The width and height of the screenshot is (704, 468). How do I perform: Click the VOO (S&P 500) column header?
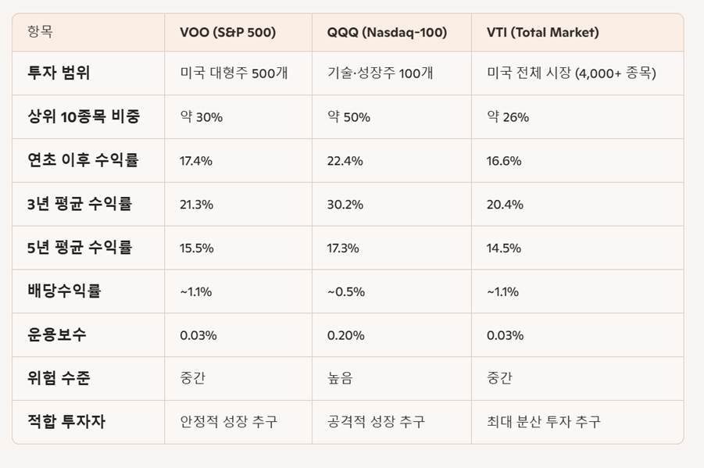click(x=227, y=33)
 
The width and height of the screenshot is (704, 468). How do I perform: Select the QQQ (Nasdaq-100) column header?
click(x=387, y=33)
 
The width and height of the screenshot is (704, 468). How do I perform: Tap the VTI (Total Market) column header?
click(x=542, y=33)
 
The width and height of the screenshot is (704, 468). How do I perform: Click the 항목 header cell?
click(x=40, y=33)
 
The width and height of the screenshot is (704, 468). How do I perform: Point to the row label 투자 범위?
click(x=59, y=73)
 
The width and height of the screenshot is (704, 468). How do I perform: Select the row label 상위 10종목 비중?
click(x=84, y=117)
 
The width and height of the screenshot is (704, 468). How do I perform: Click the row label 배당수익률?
click(x=64, y=291)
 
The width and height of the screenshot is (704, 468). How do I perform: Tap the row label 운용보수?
click(x=57, y=335)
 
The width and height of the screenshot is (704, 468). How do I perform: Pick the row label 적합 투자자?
click(x=66, y=422)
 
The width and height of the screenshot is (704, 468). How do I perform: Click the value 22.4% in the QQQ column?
click(x=345, y=161)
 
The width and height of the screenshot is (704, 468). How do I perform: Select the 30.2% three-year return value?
click(x=345, y=205)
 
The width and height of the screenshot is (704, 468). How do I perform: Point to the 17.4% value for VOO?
click(x=196, y=161)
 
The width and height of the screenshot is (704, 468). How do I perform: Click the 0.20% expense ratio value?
click(x=345, y=335)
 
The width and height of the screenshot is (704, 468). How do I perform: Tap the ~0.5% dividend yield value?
click(x=345, y=291)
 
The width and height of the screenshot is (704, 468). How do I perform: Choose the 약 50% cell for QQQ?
click(x=348, y=117)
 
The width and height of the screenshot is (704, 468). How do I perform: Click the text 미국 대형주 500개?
click(x=234, y=73)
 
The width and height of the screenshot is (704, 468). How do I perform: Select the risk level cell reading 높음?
click(x=340, y=379)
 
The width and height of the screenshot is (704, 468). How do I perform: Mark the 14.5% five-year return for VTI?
click(x=504, y=248)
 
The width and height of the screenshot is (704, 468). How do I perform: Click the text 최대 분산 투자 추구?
click(x=543, y=422)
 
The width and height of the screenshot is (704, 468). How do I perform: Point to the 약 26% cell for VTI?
click(x=508, y=117)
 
